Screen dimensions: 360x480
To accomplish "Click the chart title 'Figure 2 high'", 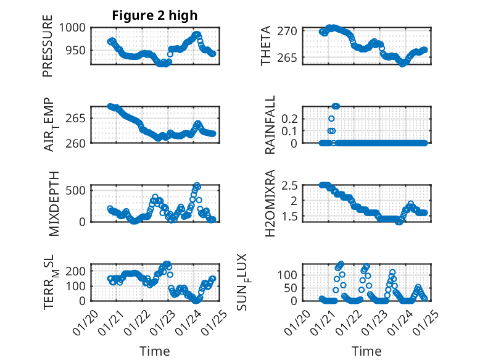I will coord(155,16).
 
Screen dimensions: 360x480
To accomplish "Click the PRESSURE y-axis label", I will coord(48,46).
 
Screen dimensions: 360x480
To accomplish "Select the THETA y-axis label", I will coord(266,46).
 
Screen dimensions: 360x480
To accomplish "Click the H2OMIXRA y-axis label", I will coord(270,204).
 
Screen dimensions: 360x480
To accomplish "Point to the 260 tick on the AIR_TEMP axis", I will coord(78,143).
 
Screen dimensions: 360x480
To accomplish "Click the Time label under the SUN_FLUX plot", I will coord(366,351).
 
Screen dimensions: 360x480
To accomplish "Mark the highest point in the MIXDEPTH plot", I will coord(197,185).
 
